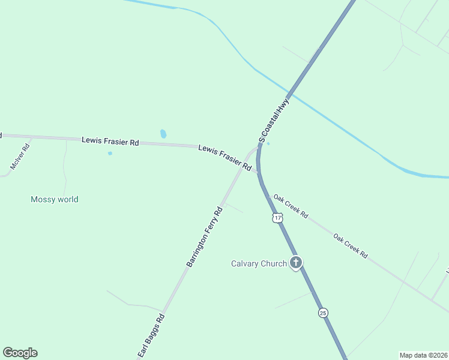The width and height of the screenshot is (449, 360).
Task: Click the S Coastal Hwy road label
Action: [274, 121]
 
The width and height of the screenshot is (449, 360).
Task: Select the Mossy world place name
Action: [55, 199]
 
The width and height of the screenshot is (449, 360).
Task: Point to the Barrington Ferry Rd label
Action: [204, 236]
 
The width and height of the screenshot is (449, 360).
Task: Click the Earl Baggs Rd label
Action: [151, 337]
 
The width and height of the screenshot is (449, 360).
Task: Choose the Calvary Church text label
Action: [259, 263]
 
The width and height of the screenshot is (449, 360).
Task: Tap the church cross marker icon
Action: [295, 262]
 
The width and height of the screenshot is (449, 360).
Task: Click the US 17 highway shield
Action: [277, 218]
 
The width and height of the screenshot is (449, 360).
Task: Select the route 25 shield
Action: [323, 313]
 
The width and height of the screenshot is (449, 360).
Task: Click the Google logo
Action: [20, 353]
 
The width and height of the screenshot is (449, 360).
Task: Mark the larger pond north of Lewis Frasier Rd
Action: [163, 134]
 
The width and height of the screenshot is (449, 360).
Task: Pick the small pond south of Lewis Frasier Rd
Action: [110, 153]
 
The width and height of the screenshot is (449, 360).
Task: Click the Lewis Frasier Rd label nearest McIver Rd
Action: [110, 142]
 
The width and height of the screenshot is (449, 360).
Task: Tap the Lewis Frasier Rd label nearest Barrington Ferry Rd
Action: [224, 155]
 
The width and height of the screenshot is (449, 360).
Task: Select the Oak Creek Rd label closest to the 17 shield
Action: [291, 205]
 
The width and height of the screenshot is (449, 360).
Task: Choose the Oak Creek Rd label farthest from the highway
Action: [351, 245]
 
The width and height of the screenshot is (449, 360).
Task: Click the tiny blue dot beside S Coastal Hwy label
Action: [268, 143]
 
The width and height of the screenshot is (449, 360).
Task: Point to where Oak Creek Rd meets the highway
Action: [260, 175]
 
